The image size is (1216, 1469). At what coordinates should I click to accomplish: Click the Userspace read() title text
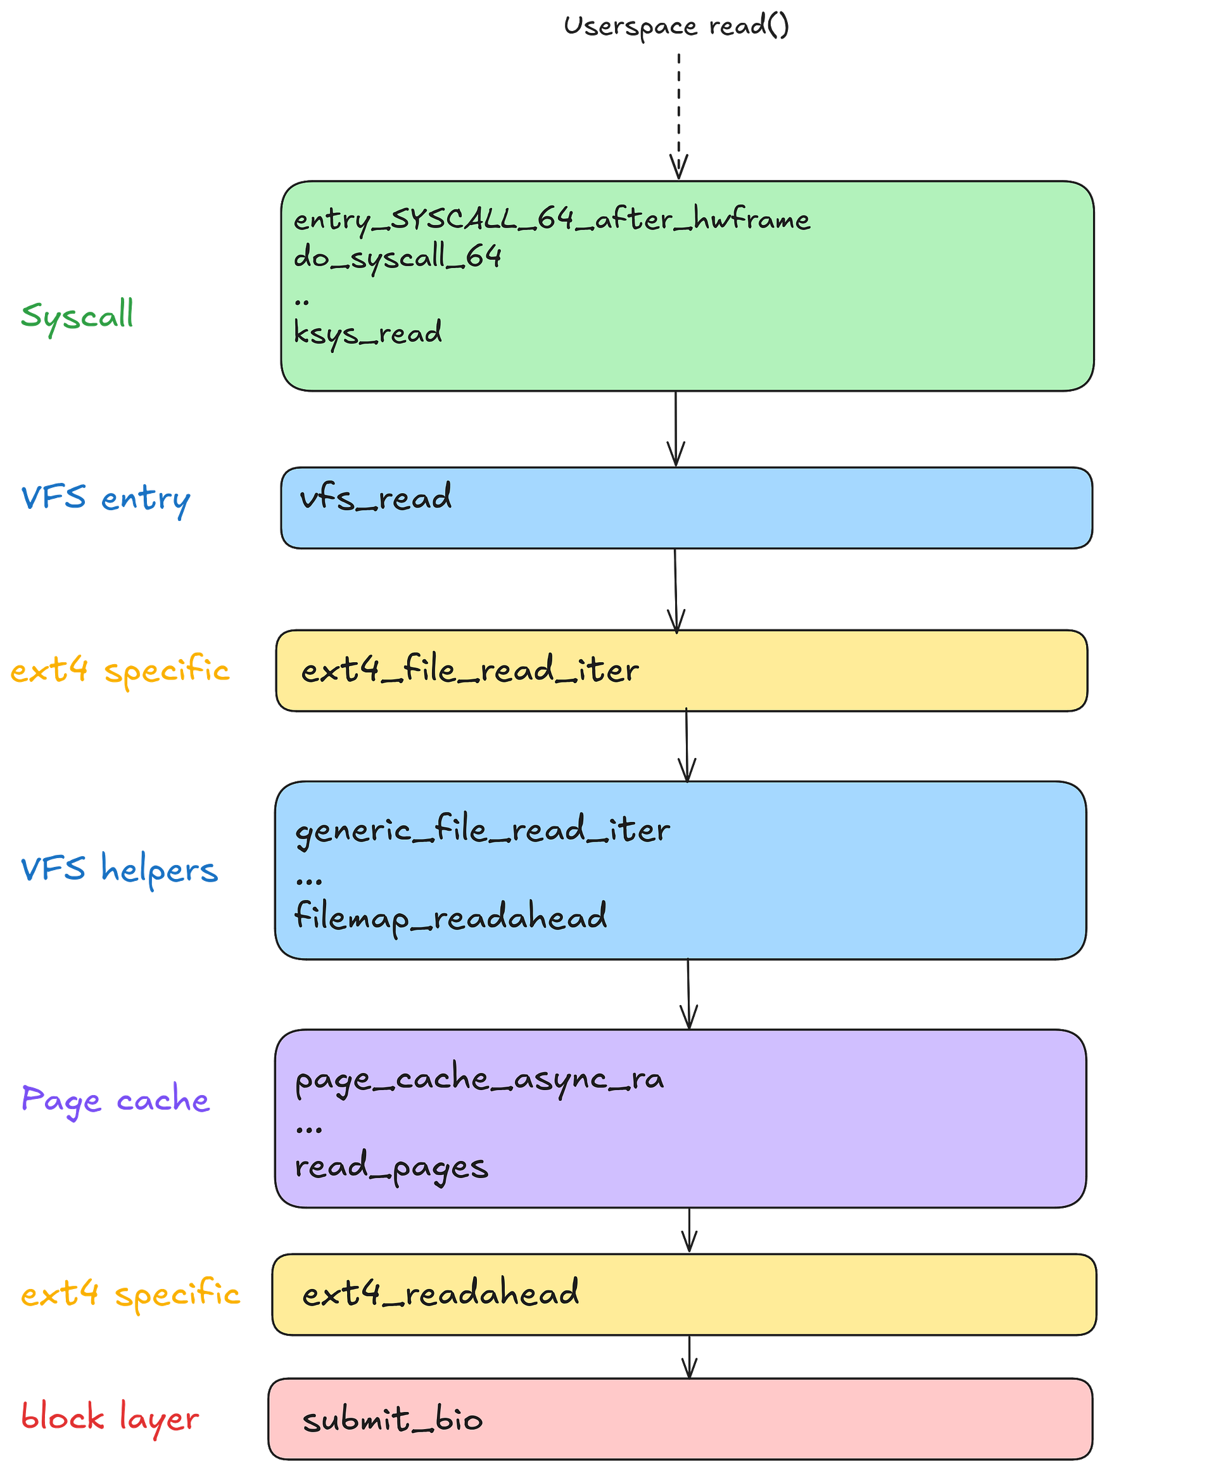(676, 27)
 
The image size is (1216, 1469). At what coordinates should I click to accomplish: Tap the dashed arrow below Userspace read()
(678, 115)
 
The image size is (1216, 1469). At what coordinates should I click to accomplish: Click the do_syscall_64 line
(397, 257)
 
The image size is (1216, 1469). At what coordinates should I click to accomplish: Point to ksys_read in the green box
(368, 332)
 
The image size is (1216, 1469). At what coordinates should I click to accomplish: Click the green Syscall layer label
(77, 316)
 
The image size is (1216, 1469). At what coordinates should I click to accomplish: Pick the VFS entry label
(106, 499)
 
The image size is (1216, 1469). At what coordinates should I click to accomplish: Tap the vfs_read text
(376, 497)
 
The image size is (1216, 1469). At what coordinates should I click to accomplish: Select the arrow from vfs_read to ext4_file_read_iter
(676, 591)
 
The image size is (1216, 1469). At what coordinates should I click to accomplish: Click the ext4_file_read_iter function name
(470, 669)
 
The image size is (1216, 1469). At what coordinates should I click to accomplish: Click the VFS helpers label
(120, 869)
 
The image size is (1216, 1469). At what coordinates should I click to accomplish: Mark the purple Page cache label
(115, 1100)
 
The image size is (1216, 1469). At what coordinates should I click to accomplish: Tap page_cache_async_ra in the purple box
(479, 1079)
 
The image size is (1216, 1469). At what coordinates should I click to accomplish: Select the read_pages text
(391, 1167)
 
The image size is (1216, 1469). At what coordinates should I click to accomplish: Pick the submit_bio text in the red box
(392, 1420)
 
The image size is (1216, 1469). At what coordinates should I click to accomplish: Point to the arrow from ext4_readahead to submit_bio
(690, 1356)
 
